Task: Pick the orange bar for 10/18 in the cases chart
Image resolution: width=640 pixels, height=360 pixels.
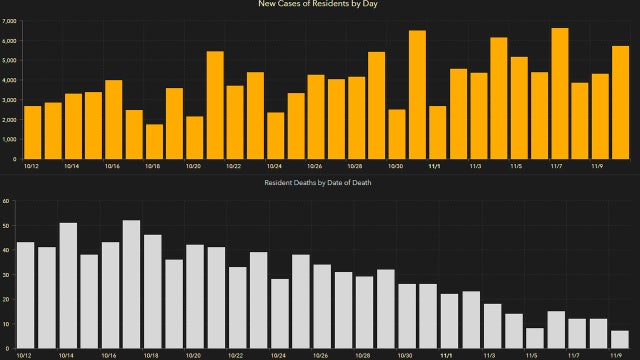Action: click(x=154, y=141)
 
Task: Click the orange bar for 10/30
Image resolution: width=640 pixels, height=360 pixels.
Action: click(x=397, y=134)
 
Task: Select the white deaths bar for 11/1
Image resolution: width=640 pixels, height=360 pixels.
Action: click(x=449, y=321)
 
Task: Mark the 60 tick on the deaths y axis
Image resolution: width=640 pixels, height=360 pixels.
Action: click(x=6, y=200)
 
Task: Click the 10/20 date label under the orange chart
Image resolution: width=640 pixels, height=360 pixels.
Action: click(x=194, y=167)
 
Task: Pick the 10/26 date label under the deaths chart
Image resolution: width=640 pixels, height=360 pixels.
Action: click(x=319, y=355)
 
